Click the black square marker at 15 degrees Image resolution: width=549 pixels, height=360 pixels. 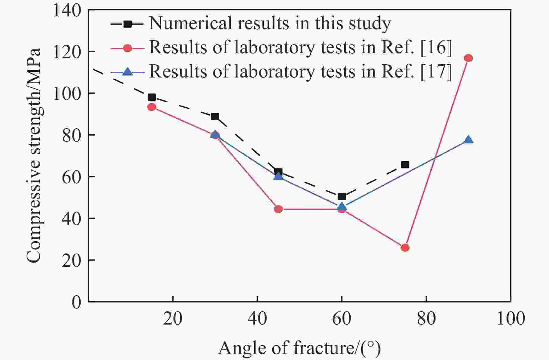152,97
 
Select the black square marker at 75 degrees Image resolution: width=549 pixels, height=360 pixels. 405,165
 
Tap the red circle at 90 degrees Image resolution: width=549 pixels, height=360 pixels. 468,58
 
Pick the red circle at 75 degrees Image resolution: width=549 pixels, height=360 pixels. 405,248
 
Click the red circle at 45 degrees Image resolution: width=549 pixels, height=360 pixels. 278,209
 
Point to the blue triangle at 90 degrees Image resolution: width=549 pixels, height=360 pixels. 468,139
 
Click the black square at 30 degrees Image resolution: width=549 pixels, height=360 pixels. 215,116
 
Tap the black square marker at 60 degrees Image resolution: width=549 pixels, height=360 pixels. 342,197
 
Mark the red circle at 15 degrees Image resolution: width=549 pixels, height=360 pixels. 152,107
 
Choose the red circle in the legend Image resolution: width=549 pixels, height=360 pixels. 128,48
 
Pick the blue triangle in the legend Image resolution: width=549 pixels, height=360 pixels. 128,72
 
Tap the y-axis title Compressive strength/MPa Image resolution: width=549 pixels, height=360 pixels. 33,155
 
